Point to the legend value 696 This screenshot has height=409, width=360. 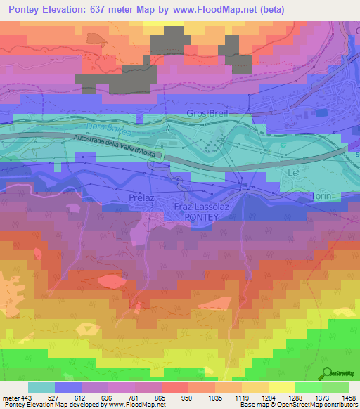[x=106, y=396]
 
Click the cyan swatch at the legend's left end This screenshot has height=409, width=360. [x=41, y=387]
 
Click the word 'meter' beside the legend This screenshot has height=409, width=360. [x=8, y=396]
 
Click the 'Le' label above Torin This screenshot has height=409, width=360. [x=294, y=172]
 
